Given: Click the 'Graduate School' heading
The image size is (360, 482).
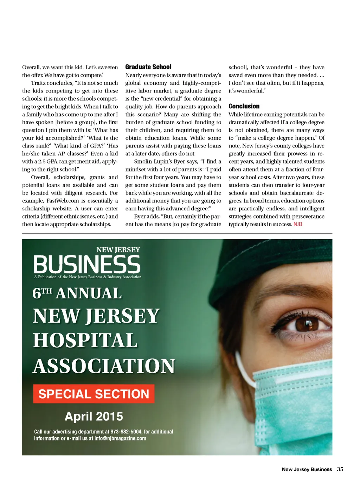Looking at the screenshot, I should click(x=148, y=67).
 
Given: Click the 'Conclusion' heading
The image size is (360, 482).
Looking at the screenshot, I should click(x=244, y=106).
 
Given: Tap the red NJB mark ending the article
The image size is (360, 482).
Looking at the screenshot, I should click(x=298, y=224).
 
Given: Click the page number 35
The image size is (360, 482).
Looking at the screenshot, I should click(x=340, y=469).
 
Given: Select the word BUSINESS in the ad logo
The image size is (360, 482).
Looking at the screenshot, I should click(x=87, y=265).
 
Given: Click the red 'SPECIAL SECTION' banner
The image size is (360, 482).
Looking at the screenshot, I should click(x=94, y=394).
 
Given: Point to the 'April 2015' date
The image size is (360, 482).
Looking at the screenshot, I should click(x=94, y=416).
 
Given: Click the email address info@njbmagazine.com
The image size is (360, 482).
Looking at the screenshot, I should click(x=120, y=438).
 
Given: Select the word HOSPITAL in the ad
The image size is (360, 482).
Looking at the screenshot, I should click(x=85, y=341).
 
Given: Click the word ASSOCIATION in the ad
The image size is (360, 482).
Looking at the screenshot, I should click(x=104, y=366).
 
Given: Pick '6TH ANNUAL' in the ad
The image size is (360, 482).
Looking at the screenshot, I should click(x=77, y=293).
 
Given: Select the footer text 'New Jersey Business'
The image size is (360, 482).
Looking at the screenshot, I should click(x=307, y=469).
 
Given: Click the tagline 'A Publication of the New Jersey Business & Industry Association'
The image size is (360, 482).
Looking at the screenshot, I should click(x=88, y=277).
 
